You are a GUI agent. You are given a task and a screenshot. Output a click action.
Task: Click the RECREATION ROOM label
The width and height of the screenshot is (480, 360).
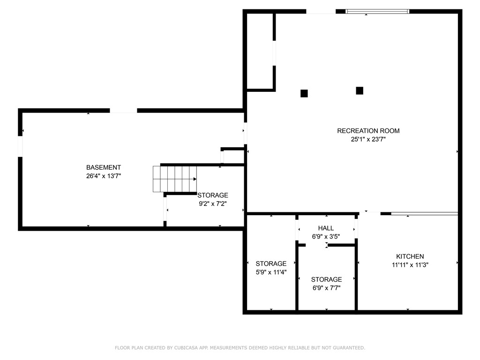[368, 131]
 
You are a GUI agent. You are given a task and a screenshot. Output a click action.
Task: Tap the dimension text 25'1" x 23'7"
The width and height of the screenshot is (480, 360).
[368, 139]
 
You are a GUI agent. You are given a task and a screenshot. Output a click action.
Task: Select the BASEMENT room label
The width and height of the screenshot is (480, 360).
[104, 167]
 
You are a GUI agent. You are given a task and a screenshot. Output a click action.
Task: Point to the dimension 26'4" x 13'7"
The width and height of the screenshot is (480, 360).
[104, 176]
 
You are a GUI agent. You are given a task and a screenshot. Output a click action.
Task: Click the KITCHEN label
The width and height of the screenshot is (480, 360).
[410, 256]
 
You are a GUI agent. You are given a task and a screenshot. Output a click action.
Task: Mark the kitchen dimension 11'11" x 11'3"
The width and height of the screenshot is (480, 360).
[410, 265]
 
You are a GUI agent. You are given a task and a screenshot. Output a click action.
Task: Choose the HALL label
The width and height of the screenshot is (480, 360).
[326, 228]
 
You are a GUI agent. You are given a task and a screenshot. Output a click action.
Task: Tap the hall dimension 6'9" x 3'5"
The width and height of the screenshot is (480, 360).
[326, 237]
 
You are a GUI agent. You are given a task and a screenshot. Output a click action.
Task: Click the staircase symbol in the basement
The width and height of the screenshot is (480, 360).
[175, 179]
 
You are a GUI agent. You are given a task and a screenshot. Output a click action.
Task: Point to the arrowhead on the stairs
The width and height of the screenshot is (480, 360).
[195, 179]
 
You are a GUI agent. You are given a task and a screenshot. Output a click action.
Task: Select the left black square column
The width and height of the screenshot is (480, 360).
[304, 93]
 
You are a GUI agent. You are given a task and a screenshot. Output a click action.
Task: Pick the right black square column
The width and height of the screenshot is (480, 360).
[360, 90]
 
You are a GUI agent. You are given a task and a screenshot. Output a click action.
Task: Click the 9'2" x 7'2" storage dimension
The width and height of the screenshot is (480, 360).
[213, 204]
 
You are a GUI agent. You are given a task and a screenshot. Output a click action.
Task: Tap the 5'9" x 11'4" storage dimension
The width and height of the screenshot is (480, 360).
[271, 272]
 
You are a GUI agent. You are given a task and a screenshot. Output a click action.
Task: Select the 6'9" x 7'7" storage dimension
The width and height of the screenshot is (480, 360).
[326, 288]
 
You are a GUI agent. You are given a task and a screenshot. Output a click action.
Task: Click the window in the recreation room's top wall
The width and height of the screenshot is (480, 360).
[377, 12]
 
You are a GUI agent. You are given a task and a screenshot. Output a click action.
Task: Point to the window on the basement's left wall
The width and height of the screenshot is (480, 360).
[20, 146]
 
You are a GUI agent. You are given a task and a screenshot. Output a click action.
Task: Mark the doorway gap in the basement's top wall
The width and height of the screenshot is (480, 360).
[123, 111]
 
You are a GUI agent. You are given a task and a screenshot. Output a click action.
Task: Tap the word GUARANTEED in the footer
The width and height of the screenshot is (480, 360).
[349, 348]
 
